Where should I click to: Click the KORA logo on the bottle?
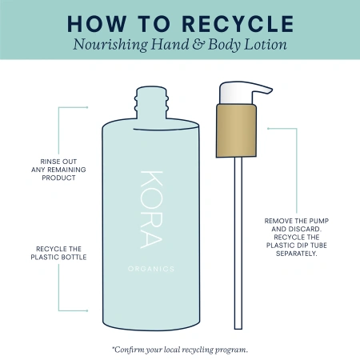coord(150,208)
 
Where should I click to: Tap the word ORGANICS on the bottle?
coord(150,269)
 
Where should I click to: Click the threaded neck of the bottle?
coord(150,102)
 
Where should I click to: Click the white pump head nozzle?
coord(232,90)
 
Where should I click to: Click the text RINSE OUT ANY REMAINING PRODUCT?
coord(57,168)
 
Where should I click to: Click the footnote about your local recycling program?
coord(180,349)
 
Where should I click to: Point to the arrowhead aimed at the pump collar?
coord(268,127)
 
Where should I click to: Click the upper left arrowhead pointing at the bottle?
coord(87,106)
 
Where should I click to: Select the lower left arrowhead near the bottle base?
coord(87,309)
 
